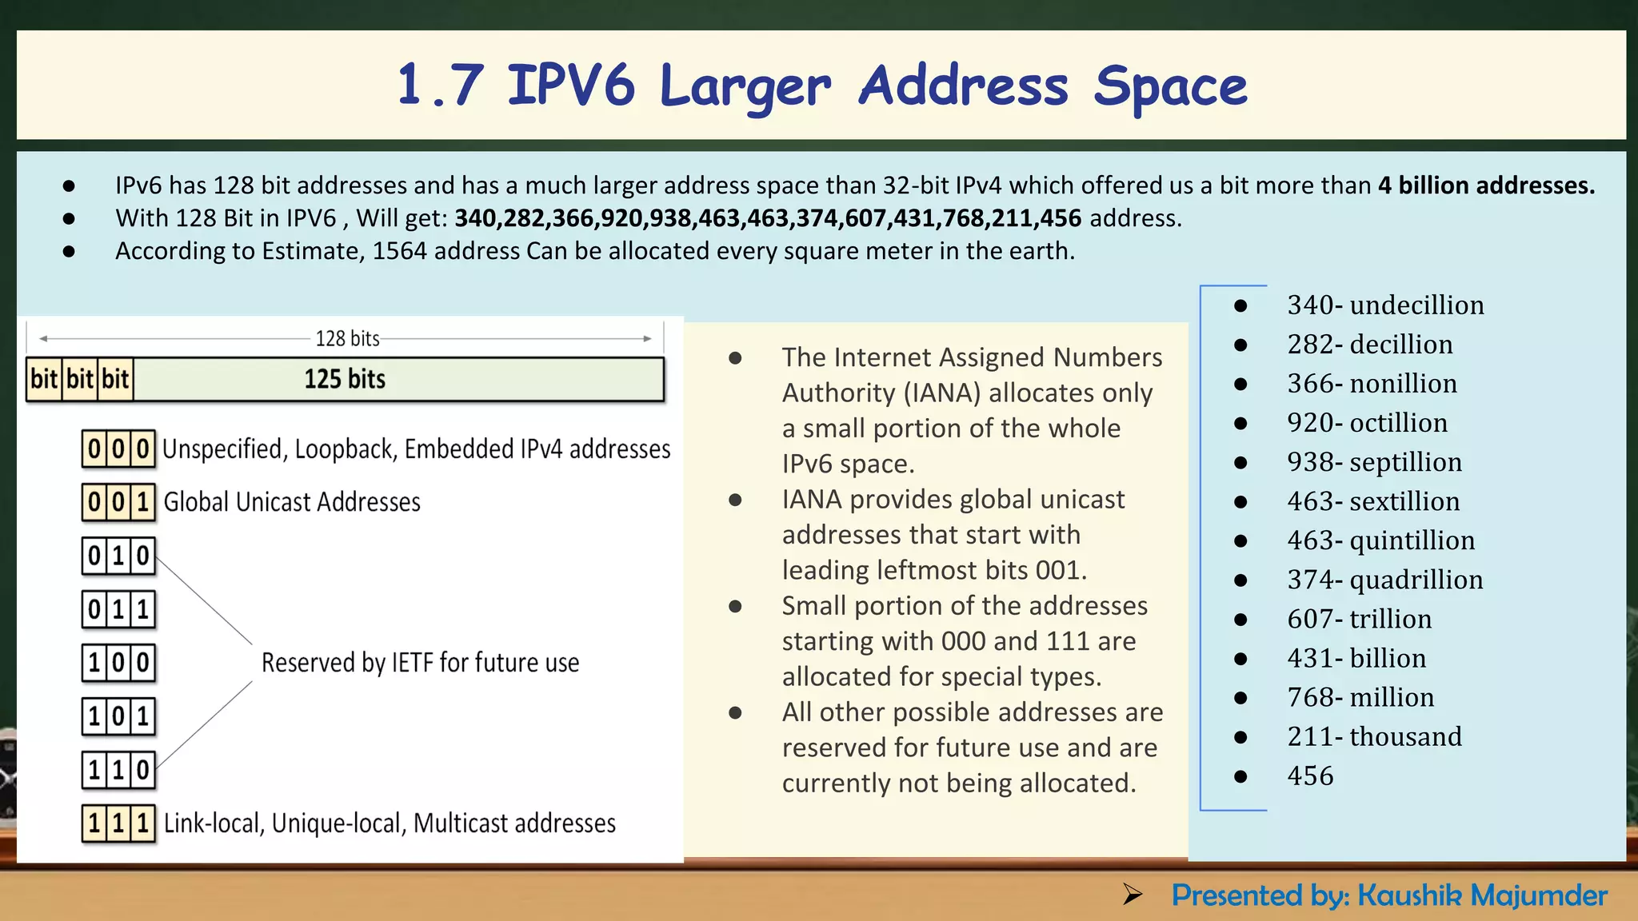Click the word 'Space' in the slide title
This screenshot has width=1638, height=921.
click(1170, 86)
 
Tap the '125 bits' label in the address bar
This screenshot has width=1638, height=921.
click(345, 379)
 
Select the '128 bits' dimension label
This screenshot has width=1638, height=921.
click(347, 338)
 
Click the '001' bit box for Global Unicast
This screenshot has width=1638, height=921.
click(118, 502)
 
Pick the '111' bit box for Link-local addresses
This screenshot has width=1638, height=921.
click(118, 823)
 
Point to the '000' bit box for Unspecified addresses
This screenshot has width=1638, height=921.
click(118, 449)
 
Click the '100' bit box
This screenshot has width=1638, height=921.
click(118, 663)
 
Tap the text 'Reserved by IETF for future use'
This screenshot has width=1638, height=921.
click(420, 663)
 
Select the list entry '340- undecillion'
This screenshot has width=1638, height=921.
click(1385, 305)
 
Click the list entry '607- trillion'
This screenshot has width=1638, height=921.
click(1359, 619)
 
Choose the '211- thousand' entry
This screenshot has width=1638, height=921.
click(1374, 736)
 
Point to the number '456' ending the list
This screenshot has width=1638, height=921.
click(1310, 775)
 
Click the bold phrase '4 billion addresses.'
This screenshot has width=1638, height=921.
click(1486, 185)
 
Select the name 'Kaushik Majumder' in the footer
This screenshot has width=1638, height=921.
click(1482, 895)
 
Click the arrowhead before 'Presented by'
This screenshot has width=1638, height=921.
click(1133, 895)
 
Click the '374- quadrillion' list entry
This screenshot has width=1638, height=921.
click(1384, 580)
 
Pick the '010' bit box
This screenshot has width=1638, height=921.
click(118, 556)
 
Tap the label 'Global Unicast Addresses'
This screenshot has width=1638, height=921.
click(292, 502)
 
